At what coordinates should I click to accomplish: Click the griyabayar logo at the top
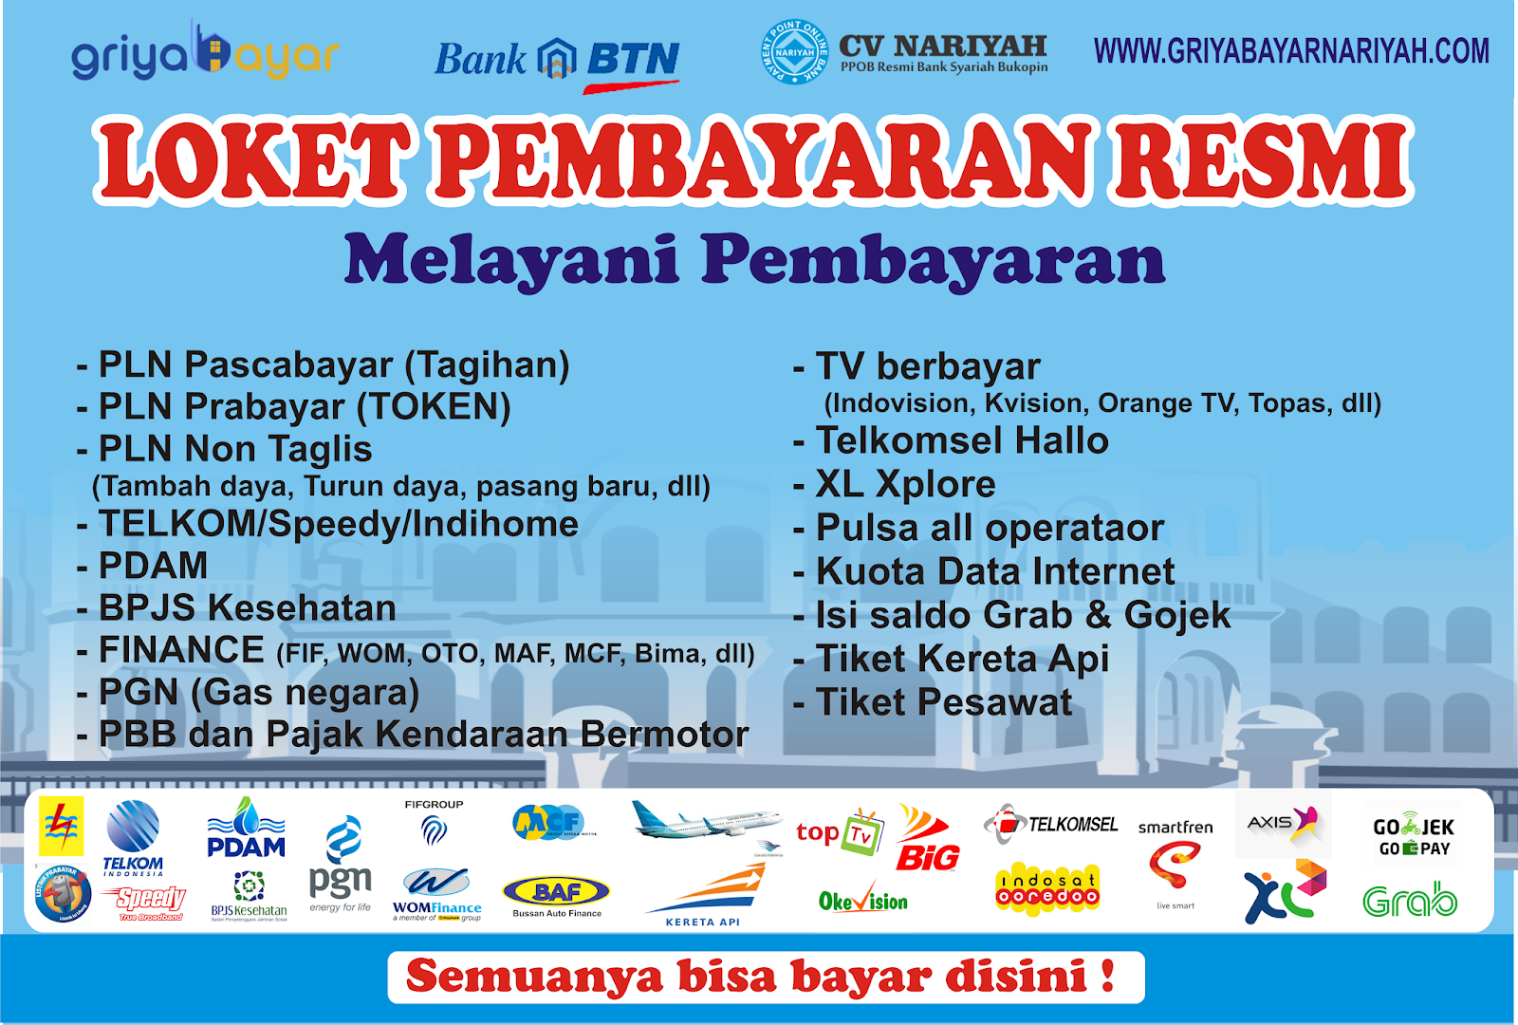pyautogui.click(x=204, y=55)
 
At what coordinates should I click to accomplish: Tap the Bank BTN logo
pyautogui.click(x=557, y=61)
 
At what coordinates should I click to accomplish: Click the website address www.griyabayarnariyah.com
pyautogui.click(x=1291, y=51)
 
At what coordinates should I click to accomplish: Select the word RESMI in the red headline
pyautogui.click(x=1263, y=161)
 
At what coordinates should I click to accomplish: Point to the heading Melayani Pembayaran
pyautogui.click(x=754, y=260)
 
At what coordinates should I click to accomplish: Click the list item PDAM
pyautogui.click(x=153, y=566)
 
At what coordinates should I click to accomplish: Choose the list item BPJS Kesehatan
pyautogui.click(x=247, y=608)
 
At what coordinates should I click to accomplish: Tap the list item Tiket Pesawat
pyautogui.click(x=944, y=703)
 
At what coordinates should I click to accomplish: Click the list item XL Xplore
pyautogui.click(x=905, y=484)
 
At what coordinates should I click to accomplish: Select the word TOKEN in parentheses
pyautogui.click(x=434, y=407)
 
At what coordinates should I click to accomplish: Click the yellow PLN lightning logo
pyautogui.click(x=62, y=826)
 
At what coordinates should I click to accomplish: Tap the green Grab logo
pyautogui.click(x=1409, y=900)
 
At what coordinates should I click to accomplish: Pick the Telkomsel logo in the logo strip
pyautogui.click(x=1051, y=824)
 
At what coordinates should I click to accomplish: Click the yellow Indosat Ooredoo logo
pyautogui.click(x=1047, y=889)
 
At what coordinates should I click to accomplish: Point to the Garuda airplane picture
pyautogui.click(x=707, y=822)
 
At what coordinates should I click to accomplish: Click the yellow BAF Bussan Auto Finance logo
pyautogui.click(x=557, y=894)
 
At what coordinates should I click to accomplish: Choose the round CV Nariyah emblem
pyautogui.click(x=795, y=52)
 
